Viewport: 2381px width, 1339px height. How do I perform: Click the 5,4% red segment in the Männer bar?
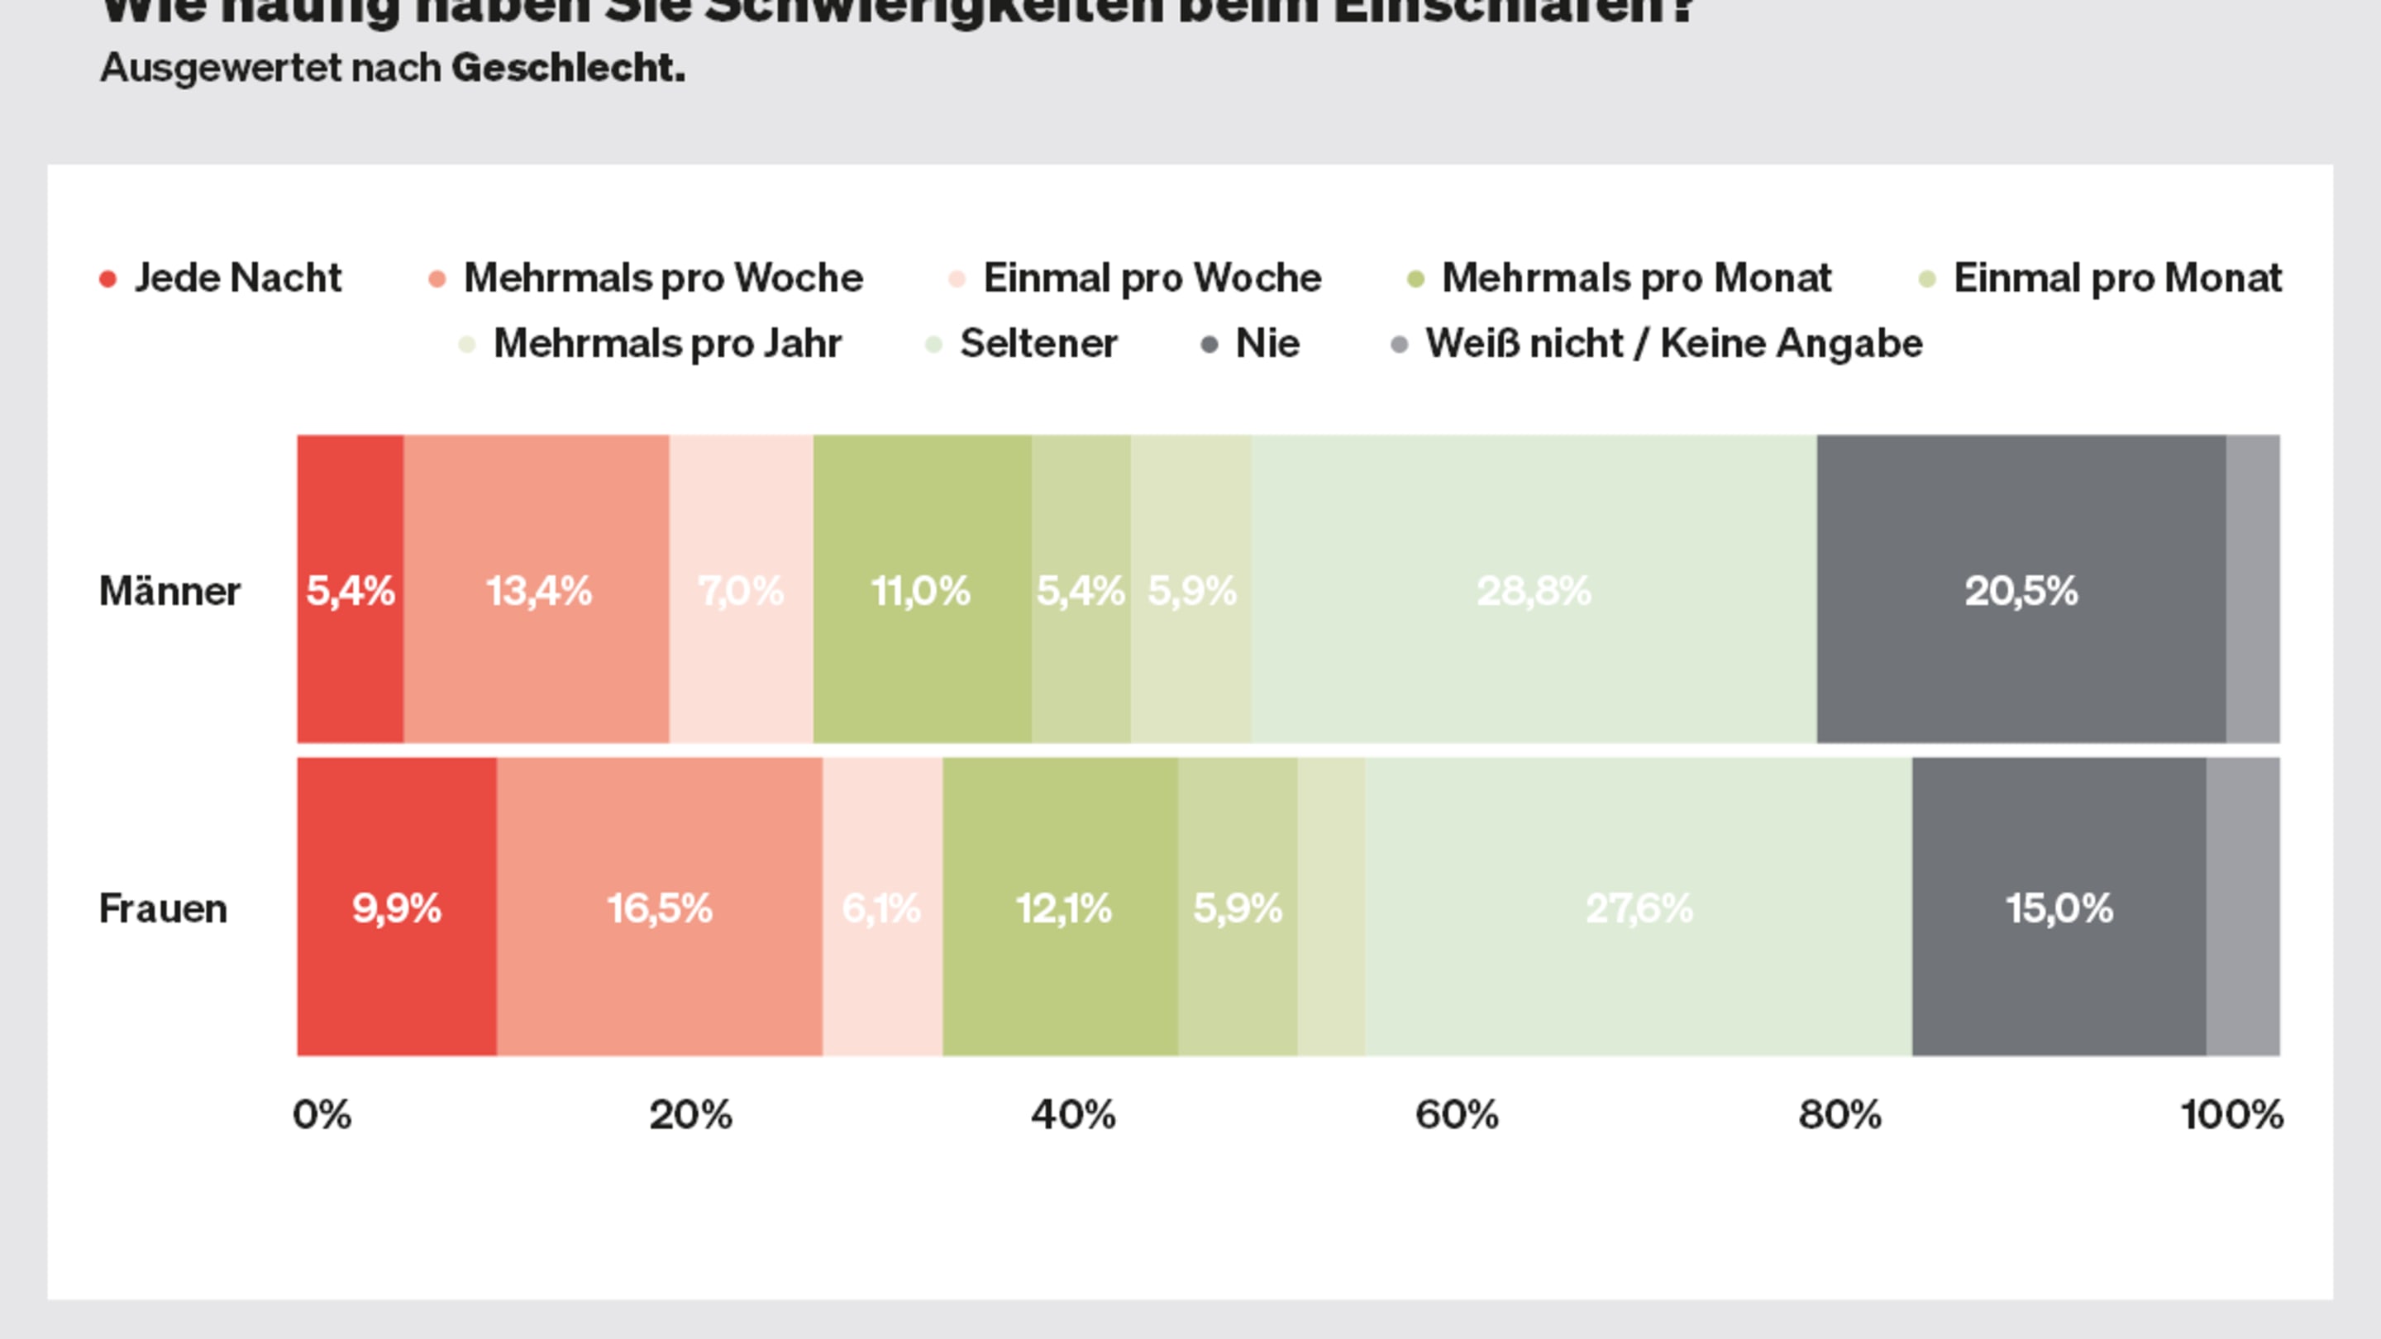click(x=350, y=588)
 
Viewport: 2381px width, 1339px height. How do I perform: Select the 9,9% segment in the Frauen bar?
click(x=397, y=907)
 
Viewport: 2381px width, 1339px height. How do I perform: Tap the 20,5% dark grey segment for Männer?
click(x=2021, y=588)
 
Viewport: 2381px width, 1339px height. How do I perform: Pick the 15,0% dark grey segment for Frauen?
click(x=2059, y=907)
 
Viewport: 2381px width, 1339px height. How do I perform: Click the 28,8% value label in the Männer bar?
click(x=1534, y=590)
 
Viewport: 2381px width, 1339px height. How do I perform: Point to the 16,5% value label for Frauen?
click(x=659, y=908)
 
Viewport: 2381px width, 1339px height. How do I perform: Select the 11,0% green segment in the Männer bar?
click(x=922, y=588)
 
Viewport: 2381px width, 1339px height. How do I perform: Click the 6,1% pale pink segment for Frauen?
click(x=882, y=907)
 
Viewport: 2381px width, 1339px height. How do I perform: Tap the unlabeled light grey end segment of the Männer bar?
click(x=2253, y=588)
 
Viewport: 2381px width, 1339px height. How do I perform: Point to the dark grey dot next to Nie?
click(x=1209, y=345)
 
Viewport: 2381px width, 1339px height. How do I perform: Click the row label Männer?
click(x=169, y=590)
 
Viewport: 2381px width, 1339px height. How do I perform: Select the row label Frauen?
click(x=163, y=908)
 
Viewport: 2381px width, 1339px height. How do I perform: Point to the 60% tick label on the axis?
click(x=1457, y=1114)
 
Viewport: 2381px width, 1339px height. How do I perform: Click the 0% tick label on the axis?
click(x=322, y=1114)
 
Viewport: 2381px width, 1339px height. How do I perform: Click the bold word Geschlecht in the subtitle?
click(x=567, y=68)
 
